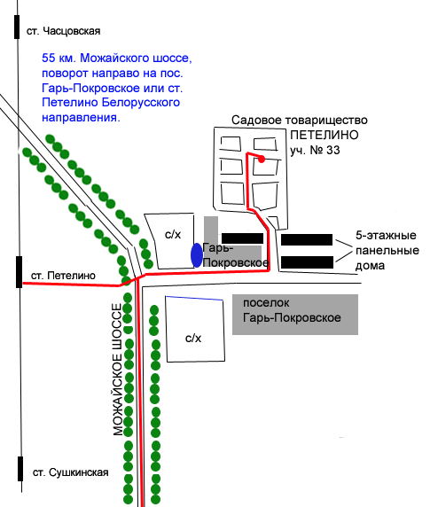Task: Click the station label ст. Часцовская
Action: tap(64, 31)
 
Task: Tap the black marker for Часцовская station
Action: tap(17, 27)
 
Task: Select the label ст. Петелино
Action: tap(64, 276)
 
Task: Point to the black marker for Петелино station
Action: tap(20, 272)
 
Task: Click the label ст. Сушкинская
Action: tap(71, 472)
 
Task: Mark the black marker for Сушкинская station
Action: tap(20, 469)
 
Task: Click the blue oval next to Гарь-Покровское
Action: tap(197, 255)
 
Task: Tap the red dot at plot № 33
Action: tap(262, 159)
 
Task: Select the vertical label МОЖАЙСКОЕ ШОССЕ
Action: tap(118, 370)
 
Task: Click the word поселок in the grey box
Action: tap(266, 303)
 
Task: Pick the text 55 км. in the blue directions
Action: tap(59, 58)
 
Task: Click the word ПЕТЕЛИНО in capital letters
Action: tap(325, 135)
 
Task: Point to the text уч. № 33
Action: tap(315, 151)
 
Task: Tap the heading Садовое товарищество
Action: tap(300, 121)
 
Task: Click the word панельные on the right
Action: tap(387, 251)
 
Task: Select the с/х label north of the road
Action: tap(173, 234)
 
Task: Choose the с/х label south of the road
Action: tap(193, 339)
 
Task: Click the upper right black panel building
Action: tap(307, 239)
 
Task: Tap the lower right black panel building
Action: tap(307, 262)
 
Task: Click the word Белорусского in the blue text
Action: tap(141, 103)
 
